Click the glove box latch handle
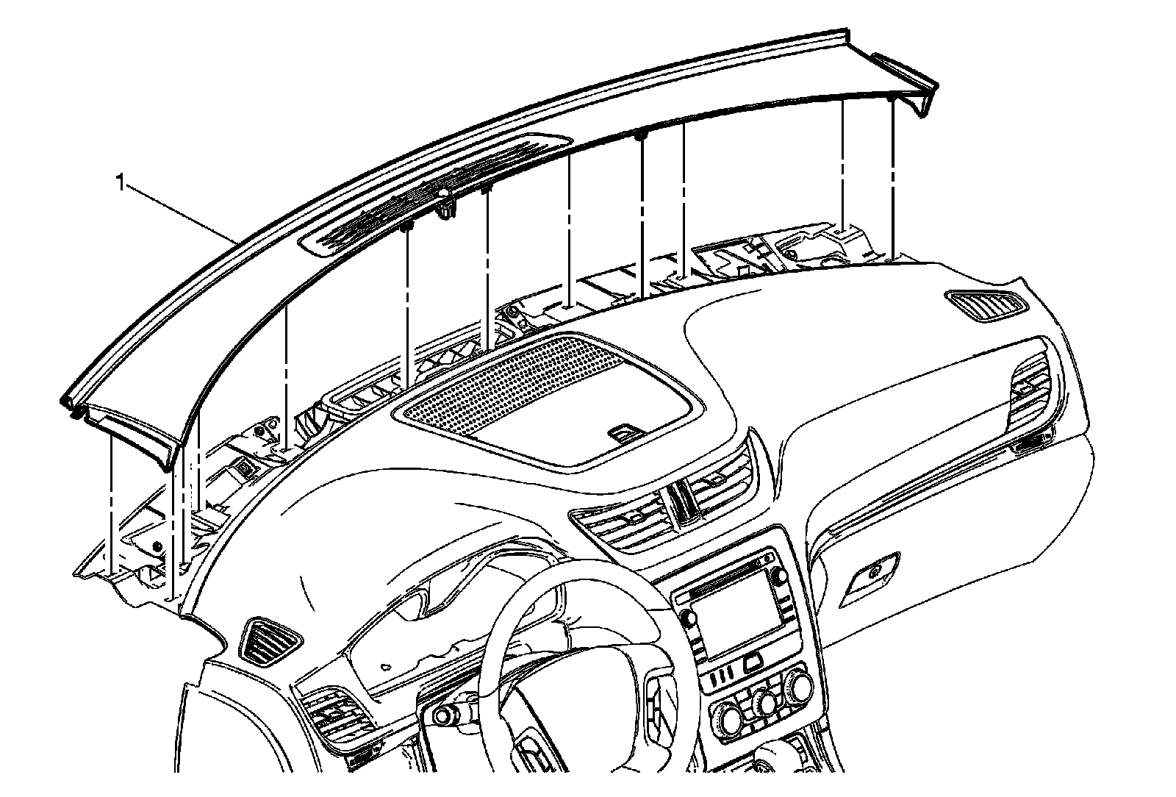[x=872, y=573]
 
